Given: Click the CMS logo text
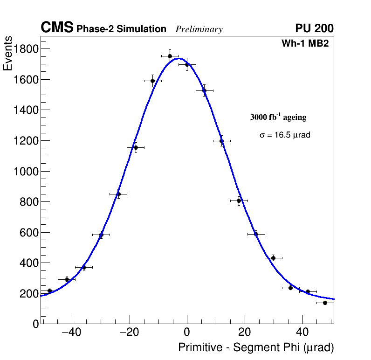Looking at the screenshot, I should coord(57,28).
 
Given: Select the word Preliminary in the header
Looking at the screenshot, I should coord(199,29).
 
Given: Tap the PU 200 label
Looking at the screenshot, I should coord(314,28).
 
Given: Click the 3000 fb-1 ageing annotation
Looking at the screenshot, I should coord(278,117).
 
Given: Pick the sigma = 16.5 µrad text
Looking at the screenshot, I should coord(285,135).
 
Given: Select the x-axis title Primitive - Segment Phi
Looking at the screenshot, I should coord(256,348).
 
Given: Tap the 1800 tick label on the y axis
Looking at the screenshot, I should coord(24,49).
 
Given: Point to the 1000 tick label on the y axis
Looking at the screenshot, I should coord(24,171).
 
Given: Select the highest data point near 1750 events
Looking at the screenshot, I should coord(170,56).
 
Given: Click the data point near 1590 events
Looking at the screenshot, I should coord(152,81).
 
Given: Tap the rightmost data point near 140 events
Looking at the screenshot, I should coord(325,303).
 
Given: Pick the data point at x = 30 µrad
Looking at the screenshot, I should coord(273,258).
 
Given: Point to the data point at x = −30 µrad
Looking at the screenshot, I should coord(101,235).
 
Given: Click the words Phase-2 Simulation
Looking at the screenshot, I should coord(121,29).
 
